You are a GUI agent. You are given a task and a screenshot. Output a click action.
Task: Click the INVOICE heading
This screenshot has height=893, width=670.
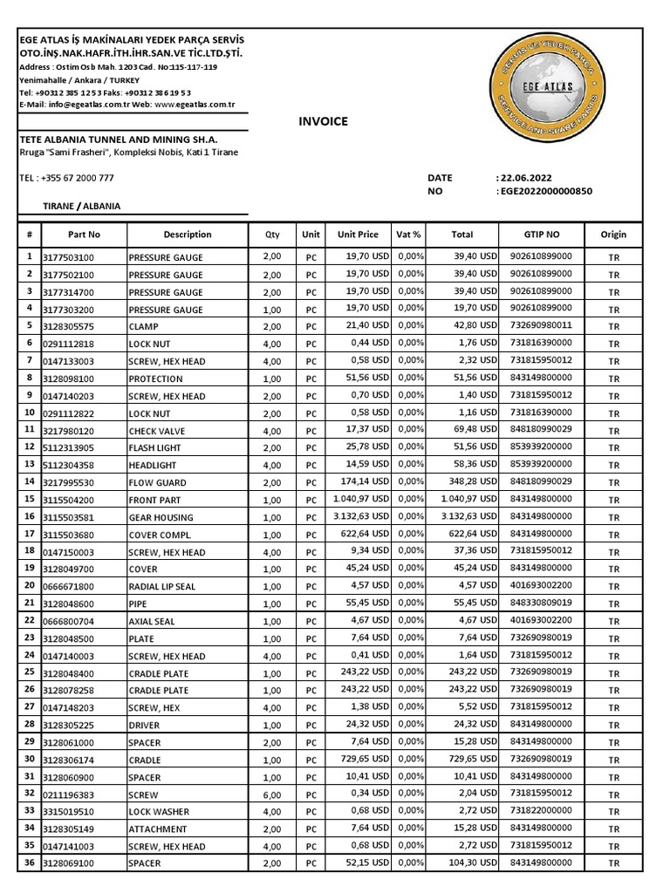coord(323,121)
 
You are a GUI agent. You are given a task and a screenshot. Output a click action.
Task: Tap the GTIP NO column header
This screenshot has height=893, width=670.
coord(542,235)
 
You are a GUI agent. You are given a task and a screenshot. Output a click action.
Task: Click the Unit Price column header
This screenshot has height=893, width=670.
coord(358,235)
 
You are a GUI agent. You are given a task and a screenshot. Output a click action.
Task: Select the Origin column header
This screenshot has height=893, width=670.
coord(613,235)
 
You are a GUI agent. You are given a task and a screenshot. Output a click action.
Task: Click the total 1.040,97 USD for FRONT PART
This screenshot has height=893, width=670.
coord(462,500)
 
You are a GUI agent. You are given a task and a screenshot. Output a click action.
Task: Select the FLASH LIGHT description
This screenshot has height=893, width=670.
coord(157,447)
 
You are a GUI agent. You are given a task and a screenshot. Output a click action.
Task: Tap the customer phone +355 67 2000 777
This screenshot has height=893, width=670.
coord(66,178)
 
